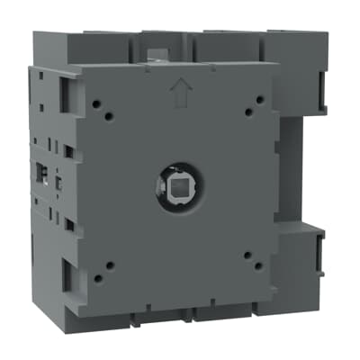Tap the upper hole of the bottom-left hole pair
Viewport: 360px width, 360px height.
click(109, 265)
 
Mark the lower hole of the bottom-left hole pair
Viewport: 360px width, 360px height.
click(96, 275)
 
